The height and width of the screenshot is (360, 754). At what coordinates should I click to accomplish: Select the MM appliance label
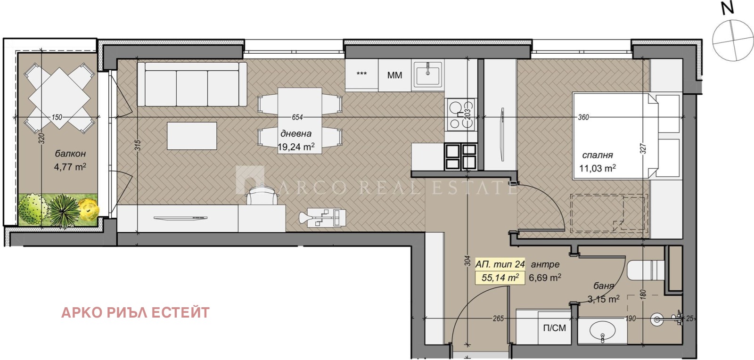click(394, 75)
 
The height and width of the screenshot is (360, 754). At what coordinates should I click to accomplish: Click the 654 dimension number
click(297, 117)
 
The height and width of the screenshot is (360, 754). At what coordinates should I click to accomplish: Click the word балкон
click(70, 154)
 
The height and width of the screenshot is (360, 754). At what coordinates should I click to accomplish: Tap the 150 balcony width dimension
click(57, 117)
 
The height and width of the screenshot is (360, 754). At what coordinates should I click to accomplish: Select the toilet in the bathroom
click(646, 270)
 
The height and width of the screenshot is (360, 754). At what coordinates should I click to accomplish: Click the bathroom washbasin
click(603, 331)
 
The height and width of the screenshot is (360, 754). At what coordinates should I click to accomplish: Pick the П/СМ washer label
click(554, 327)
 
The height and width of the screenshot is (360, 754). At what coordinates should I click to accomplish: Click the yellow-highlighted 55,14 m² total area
click(500, 278)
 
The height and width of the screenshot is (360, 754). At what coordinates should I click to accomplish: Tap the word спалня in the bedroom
click(598, 155)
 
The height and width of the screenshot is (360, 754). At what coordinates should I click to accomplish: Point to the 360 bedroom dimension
click(583, 117)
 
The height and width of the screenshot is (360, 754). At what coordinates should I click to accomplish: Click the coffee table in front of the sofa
click(192, 136)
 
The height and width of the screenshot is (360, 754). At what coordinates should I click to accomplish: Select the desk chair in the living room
click(262, 194)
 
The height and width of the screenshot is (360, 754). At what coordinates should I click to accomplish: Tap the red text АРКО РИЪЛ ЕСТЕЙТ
click(135, 312)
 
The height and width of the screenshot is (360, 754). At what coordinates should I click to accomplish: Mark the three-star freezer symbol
click(361, 74)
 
